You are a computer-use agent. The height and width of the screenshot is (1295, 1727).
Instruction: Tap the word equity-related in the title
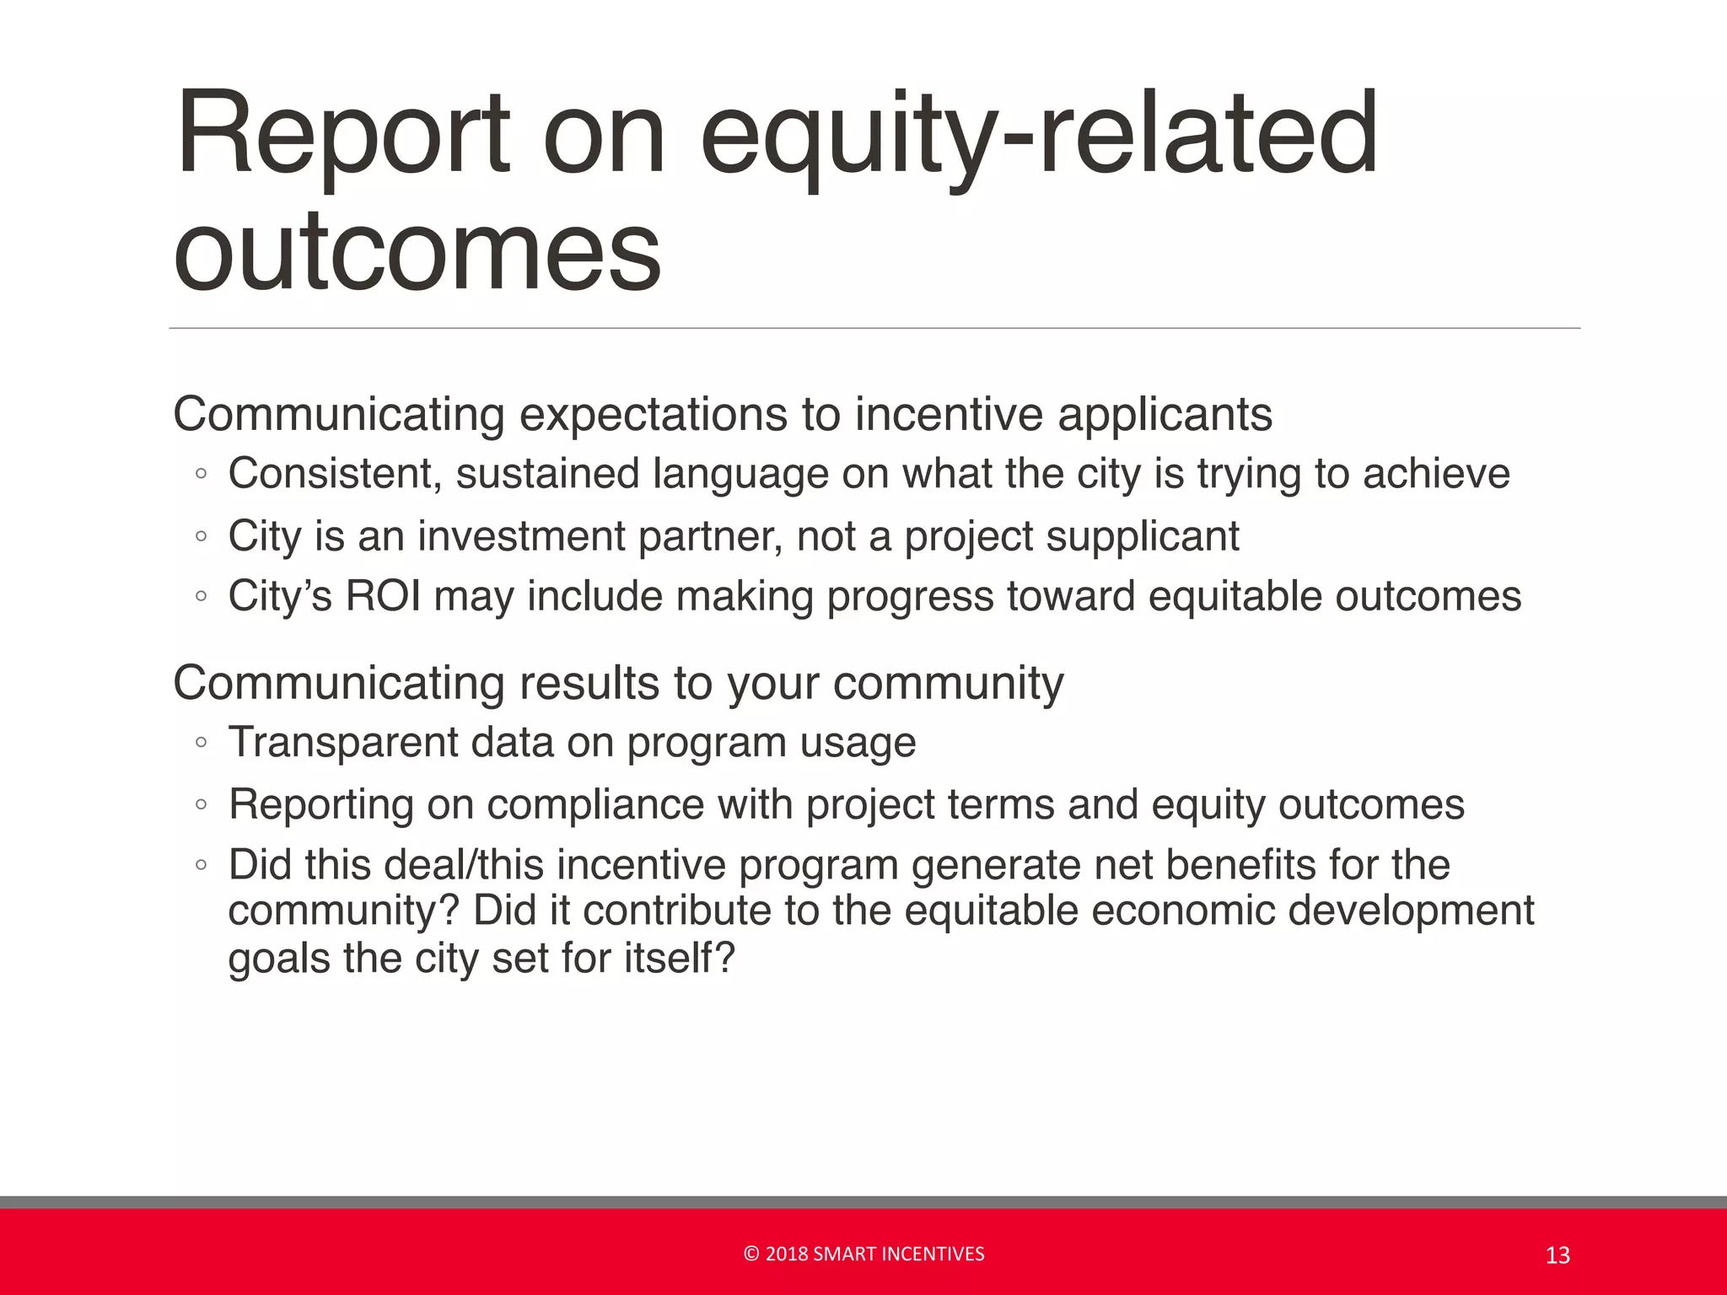[x=1039, y=135]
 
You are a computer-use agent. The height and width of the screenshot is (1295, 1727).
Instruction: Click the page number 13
[x=1558, y=1255]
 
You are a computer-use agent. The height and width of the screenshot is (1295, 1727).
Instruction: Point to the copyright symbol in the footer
[x=751, y=1255]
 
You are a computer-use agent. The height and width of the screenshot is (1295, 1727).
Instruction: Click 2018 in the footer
[x=786, y=1255]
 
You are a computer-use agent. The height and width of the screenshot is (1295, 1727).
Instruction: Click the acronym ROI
[x=383, y=596]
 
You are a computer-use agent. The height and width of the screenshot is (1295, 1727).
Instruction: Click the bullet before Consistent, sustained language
[x=201, y=474]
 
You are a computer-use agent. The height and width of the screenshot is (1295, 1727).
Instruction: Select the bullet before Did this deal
[x=201, y=865]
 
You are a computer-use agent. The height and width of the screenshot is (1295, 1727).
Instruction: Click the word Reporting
[x=321, y=804]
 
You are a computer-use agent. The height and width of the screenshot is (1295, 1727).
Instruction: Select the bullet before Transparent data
[x=201, y=743]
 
